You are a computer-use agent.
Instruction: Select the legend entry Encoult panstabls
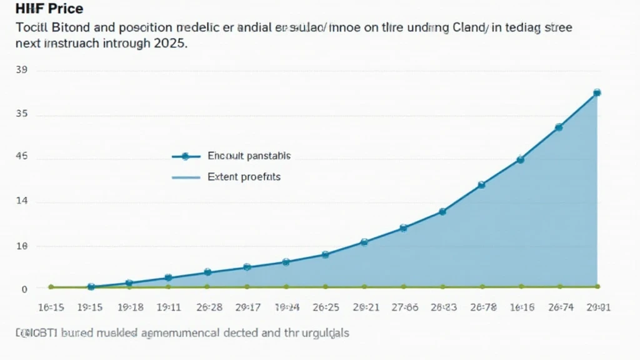click(x=248, y=156)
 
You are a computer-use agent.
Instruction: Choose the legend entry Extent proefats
click(x=244, y=177)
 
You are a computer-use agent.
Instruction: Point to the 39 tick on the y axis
click(x=21, y=71)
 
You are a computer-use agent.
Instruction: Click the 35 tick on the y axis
click(x=21, y=114)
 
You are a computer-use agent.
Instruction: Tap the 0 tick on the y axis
click(x=24, y=289)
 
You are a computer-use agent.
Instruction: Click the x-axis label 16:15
click(x=51, y=307)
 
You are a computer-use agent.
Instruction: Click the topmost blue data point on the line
click(x=597, y=92)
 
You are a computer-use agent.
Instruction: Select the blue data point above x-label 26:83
click(x=442, y=212)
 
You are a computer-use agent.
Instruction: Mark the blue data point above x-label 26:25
click(x=325, y=254)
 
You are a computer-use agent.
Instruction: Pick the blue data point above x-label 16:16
click(x=520, y=159)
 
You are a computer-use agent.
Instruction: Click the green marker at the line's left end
click(x=51, y=287)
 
